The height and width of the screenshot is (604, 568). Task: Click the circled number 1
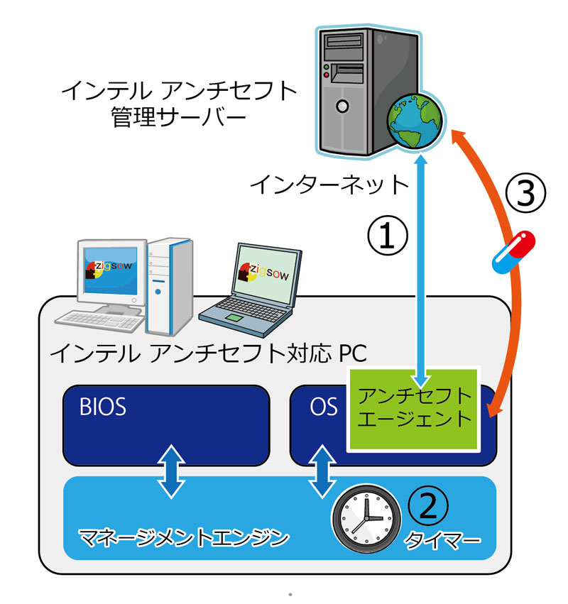387,236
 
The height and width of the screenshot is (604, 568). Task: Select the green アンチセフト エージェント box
414,409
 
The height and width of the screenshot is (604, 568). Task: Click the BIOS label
104,407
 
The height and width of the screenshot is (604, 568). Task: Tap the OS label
323,407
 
